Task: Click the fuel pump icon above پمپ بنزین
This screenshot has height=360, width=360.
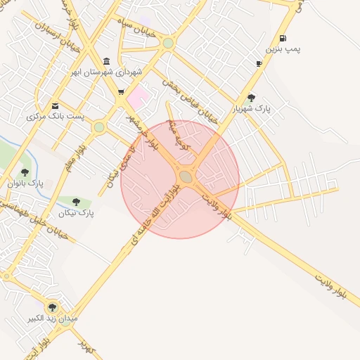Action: [x=282, y=38]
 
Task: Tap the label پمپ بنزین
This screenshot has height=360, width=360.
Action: [x=282, y=50]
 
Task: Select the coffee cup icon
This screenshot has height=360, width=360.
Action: [x=259, y=63]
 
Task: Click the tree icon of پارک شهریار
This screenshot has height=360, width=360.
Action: [x=251, y=98]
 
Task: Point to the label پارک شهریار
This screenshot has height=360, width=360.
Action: [x=251, y=109]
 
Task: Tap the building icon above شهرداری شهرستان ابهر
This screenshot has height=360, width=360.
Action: [x=106, y=61]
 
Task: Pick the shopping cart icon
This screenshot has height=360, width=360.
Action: [x=121, y=91]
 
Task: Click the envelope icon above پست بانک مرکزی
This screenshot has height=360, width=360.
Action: [x=55, y=105]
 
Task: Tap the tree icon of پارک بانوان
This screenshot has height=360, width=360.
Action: [x=25, y=172]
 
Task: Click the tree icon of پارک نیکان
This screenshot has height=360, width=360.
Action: [x=76, y=202]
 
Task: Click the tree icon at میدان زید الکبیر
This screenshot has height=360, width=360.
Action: [x=51, y=307]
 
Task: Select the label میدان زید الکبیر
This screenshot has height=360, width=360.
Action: [x=51, y=319]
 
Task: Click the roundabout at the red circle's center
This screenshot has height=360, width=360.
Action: [x=186, y=176]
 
